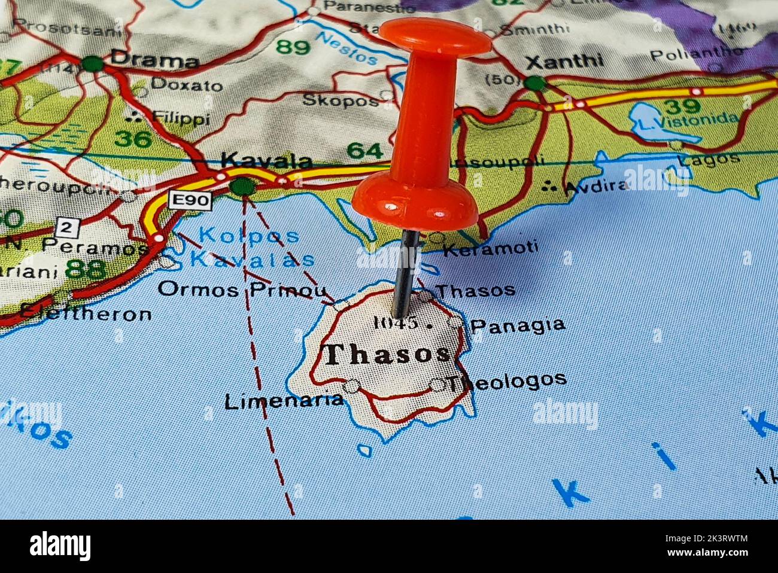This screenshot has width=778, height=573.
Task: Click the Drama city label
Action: pyautogui.click(x=154, y=60)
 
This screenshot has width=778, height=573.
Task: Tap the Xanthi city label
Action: pyautogui.click(x=564, y=61)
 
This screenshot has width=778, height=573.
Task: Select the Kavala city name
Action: pyautogui.click(x=266, y=161)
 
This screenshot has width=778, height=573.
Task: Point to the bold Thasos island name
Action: pyautogui.click(x=387, y=354)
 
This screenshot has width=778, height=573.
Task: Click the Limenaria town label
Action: pyautogui.click(x=284, y=401)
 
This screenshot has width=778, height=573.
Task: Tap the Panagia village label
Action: pyautogui.click(x=518, y=325)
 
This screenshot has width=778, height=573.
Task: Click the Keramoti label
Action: pyautogui.click(x=490, y=248)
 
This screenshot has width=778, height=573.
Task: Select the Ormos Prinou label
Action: pyautogui.click(x=242, y=290)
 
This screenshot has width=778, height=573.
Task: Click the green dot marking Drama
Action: pyautogui.click(x=92, y=63)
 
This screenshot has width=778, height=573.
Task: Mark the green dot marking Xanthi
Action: pyautogui.click(x=535, y=83)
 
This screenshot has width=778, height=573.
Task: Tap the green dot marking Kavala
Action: pyautogui.click(x=242, y=187)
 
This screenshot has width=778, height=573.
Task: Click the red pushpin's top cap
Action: pyautogui.click(x=435, y=36)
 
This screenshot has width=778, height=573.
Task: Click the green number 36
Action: pyautogui.click(x=133, y=139)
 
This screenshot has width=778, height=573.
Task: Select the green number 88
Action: pyautogui.click(x=85, y=270)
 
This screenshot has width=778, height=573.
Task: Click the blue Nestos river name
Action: pyautogui.click(x=347, y=48)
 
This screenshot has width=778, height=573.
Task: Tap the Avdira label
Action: pyautogui.click(x=595, y=187)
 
